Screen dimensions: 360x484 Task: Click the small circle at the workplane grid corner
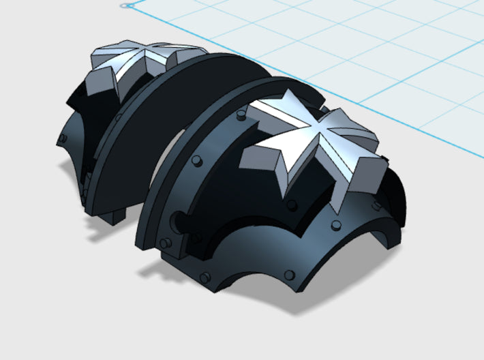click(x=125, y=5)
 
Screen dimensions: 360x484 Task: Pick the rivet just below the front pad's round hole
click(x=166, y=243)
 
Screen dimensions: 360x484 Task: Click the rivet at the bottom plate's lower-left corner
click(x=203, y=276)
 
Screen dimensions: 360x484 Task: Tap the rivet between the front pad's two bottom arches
click(x=292, y=275)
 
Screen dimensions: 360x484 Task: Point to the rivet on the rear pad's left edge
click(x=63, y=138)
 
